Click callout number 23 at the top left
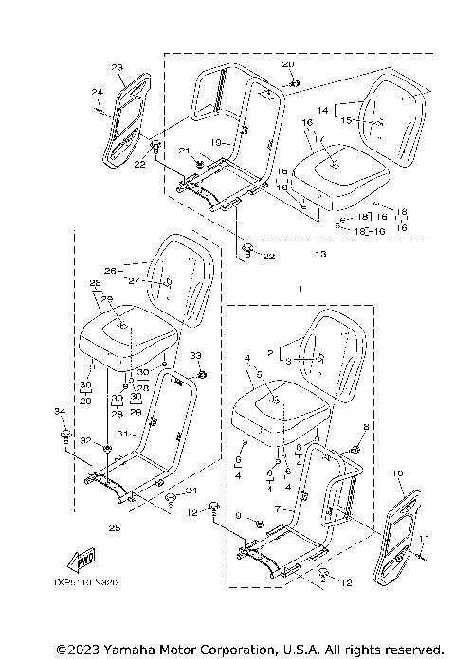117,67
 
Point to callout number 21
185,151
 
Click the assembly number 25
115,527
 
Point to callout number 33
196,354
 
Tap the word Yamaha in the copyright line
127,650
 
